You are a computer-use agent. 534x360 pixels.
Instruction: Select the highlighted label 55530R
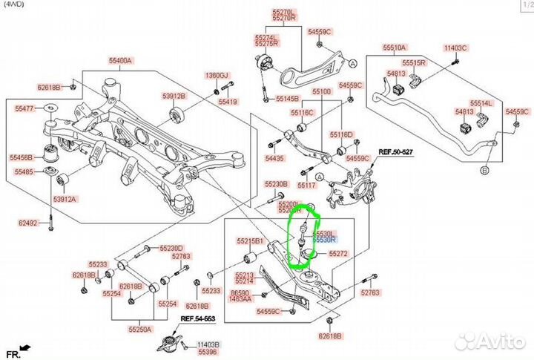coord(324,240)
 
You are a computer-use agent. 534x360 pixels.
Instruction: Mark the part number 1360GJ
coord(217,76)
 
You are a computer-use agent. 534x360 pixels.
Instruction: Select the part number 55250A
coord(138,329)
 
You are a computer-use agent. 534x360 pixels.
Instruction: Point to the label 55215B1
coord(250,241)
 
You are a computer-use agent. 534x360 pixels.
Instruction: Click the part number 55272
coord(338,254)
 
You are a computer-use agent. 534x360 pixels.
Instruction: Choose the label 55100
coord(321,91)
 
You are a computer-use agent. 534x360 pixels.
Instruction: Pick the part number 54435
coord(274,159)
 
